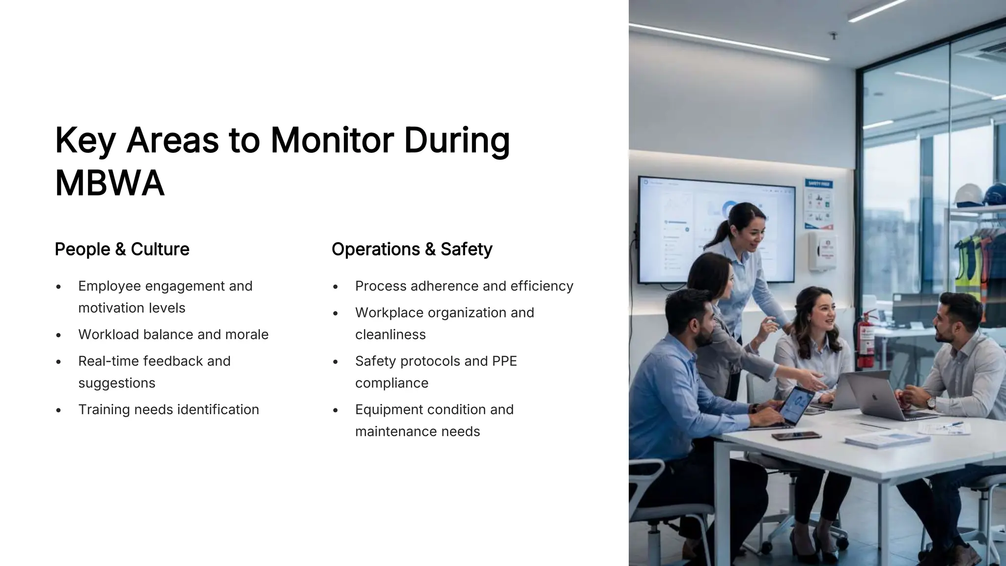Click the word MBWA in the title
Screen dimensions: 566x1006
point(110,183)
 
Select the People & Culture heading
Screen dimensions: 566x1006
point(122,249)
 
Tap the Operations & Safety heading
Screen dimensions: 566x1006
point(412,249)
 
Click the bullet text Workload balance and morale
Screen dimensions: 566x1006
point(173,335)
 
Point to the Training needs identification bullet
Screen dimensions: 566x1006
point(168,410)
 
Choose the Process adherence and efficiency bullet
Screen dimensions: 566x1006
point(464,286)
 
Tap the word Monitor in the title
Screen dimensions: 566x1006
point(332,140)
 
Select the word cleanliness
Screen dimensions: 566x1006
point(391,335)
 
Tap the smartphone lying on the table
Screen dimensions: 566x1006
point(796,436)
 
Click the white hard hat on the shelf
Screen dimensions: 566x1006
point(968,195)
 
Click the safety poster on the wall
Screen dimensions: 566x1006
point(818,205)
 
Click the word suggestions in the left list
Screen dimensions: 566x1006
point(117,383)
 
